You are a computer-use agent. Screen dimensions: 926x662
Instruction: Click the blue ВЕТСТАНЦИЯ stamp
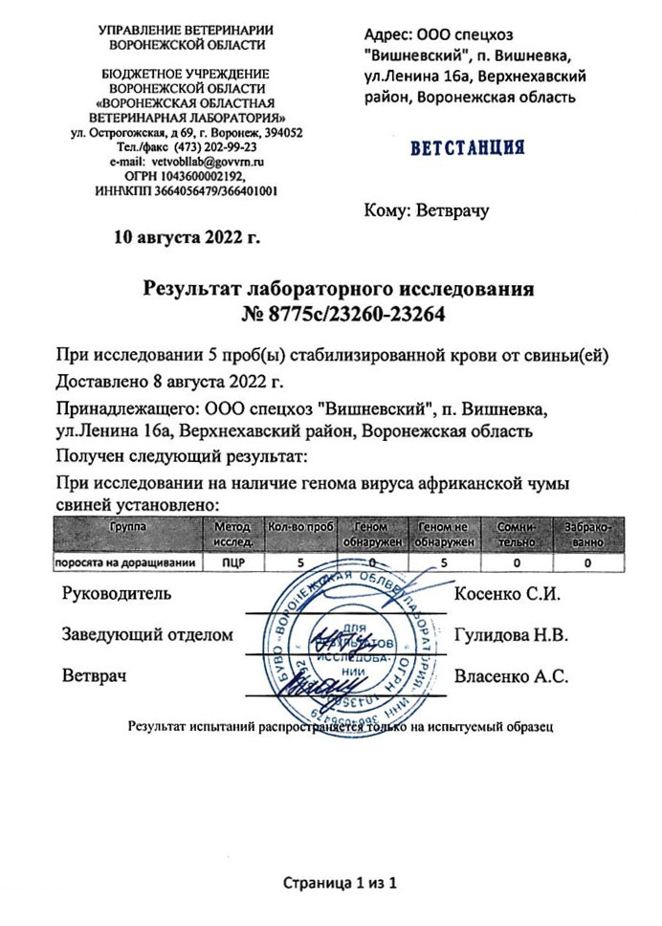click(467, 148)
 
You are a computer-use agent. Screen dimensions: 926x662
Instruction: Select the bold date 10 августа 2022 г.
click(188, 236)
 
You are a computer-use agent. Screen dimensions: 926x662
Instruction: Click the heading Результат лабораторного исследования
click(338, 288)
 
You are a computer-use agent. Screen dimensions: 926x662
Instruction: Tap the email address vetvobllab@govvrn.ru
click(208, 163)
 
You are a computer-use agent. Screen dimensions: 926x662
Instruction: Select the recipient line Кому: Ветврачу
click(427, 210)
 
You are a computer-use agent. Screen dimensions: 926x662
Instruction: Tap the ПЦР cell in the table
click(231, 562)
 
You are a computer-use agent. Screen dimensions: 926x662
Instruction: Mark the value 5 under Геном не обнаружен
click(445, 562)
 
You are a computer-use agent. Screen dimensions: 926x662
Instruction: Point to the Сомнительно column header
click(518, 534)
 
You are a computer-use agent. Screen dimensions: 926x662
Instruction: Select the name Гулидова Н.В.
click(512, 634)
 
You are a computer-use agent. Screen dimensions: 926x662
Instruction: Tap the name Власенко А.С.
click(512, 676)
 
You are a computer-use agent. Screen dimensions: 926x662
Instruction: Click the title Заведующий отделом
click(147, 634)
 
